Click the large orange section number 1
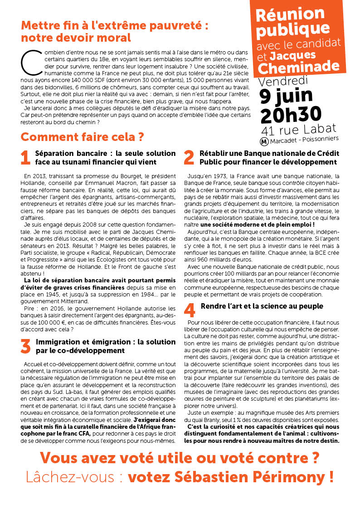click(x=26, y=157)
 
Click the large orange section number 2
click(x=189, y=157)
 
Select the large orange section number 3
click(x=26, y=346)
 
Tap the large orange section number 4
click(x=189, y=310)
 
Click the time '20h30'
click(x=291, y=115)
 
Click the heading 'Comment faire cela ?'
click(x=82, y=136)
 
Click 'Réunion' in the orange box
click(x=290, y=14)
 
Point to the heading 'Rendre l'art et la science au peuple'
click(x=262, y=306)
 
